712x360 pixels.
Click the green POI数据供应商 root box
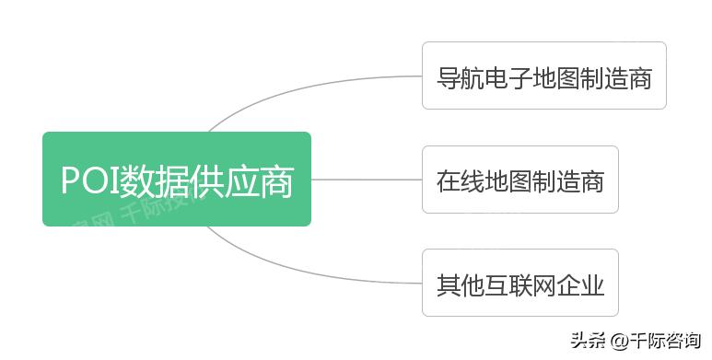coord(176,179)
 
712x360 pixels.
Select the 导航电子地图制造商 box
coord(543,75)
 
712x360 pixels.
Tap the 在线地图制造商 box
coord(519,180)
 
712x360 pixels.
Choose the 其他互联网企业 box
coord(519,284)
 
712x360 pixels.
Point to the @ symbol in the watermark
coord(616,340)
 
